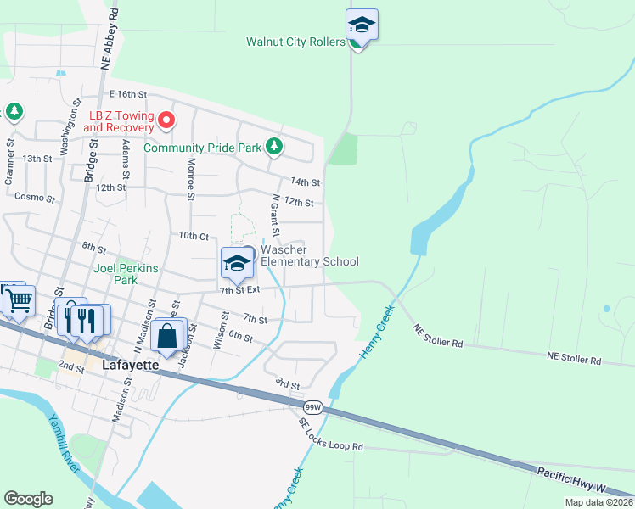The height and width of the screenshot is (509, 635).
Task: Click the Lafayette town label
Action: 130,365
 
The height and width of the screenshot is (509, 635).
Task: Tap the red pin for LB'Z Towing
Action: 166,120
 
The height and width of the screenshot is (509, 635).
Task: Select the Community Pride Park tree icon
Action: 273,147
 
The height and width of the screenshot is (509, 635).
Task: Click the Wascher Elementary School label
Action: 309,255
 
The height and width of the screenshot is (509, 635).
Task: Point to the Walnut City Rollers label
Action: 295,41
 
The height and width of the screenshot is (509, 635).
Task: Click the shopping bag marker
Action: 168,337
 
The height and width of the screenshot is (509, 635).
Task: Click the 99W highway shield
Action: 313,408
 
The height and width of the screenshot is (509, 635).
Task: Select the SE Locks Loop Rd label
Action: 330,433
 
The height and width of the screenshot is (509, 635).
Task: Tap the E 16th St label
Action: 128,94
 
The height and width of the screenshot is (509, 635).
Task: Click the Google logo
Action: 28,499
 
